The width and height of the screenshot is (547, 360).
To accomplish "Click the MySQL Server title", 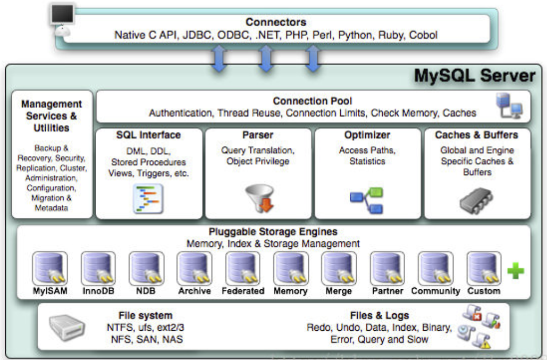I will [x=474, y=76].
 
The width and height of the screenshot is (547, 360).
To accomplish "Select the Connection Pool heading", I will [x=313, y=101].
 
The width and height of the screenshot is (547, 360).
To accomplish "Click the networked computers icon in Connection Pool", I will [x=509, y=106].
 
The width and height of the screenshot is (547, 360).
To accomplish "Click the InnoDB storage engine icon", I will [x=98, y=269].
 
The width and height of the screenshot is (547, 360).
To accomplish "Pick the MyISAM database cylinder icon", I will [x=49, y=269].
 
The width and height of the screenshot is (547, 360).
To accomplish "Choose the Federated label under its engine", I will [x=243, y=291].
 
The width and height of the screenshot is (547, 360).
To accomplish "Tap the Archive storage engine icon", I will [x=195, y=269].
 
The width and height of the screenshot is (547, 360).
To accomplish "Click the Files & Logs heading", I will [x=380, y=315].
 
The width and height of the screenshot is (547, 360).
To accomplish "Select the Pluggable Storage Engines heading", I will [x=273, y=232].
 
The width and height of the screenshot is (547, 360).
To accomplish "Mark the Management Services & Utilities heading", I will [x=52, y=116].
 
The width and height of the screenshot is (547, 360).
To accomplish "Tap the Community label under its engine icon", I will [x=435, y=291].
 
